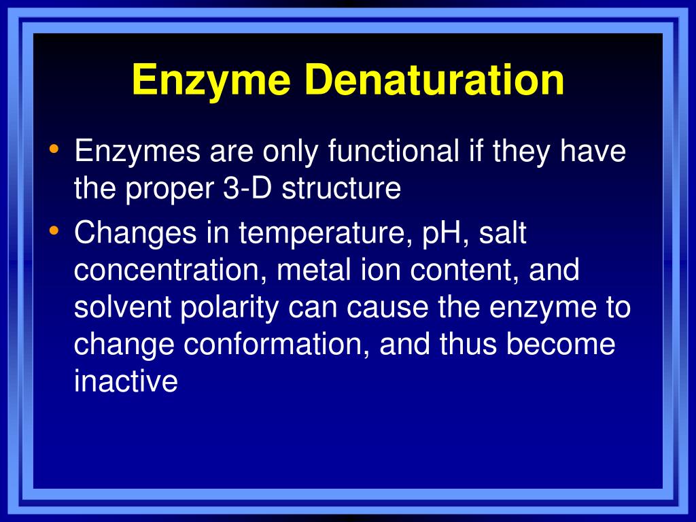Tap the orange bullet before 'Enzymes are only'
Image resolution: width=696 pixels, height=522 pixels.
point(54,147)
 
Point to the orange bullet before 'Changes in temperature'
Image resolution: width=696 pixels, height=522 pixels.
point(54,231)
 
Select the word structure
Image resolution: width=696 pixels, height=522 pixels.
point(341,188)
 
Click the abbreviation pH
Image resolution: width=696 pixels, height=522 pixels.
point(442,234)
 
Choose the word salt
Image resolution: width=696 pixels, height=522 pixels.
point(503,234)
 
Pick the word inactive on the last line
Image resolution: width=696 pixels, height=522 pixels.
point(126,381)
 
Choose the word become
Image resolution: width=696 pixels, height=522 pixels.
point(561,344)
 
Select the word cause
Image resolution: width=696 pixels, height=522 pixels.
point(387,307)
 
